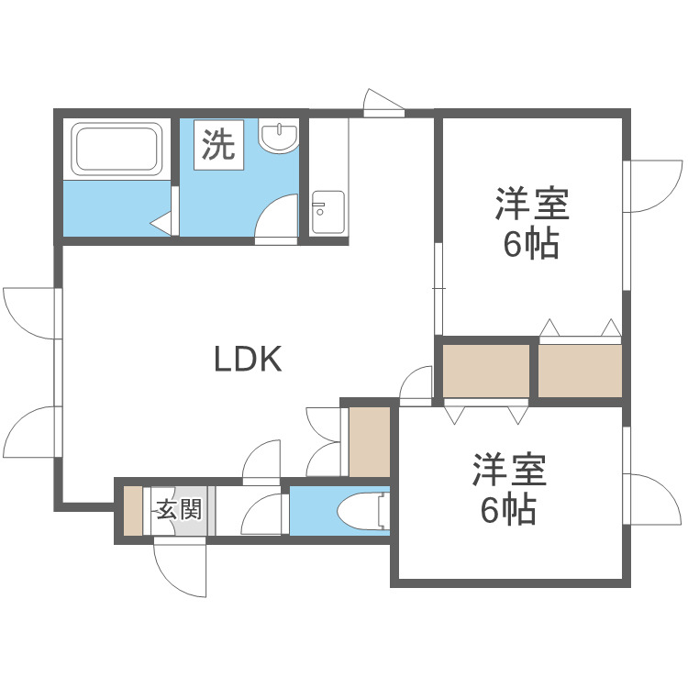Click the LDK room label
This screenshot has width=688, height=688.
tap(247, 359)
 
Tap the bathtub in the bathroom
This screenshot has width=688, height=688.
tap(118, 150)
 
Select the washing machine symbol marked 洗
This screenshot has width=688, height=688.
tap(218, 146)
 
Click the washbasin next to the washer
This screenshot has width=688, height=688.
tap(279, 137)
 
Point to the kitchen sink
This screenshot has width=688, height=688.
tap(327, 213)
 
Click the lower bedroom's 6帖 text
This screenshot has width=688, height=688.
tap(509, 510)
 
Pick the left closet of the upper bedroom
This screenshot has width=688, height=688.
tap(487, 370)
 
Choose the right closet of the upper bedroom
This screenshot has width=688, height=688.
tap(580, 370)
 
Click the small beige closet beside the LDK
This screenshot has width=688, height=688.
tap(371, 442)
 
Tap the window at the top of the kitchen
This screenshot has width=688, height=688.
tap(383, 112)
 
